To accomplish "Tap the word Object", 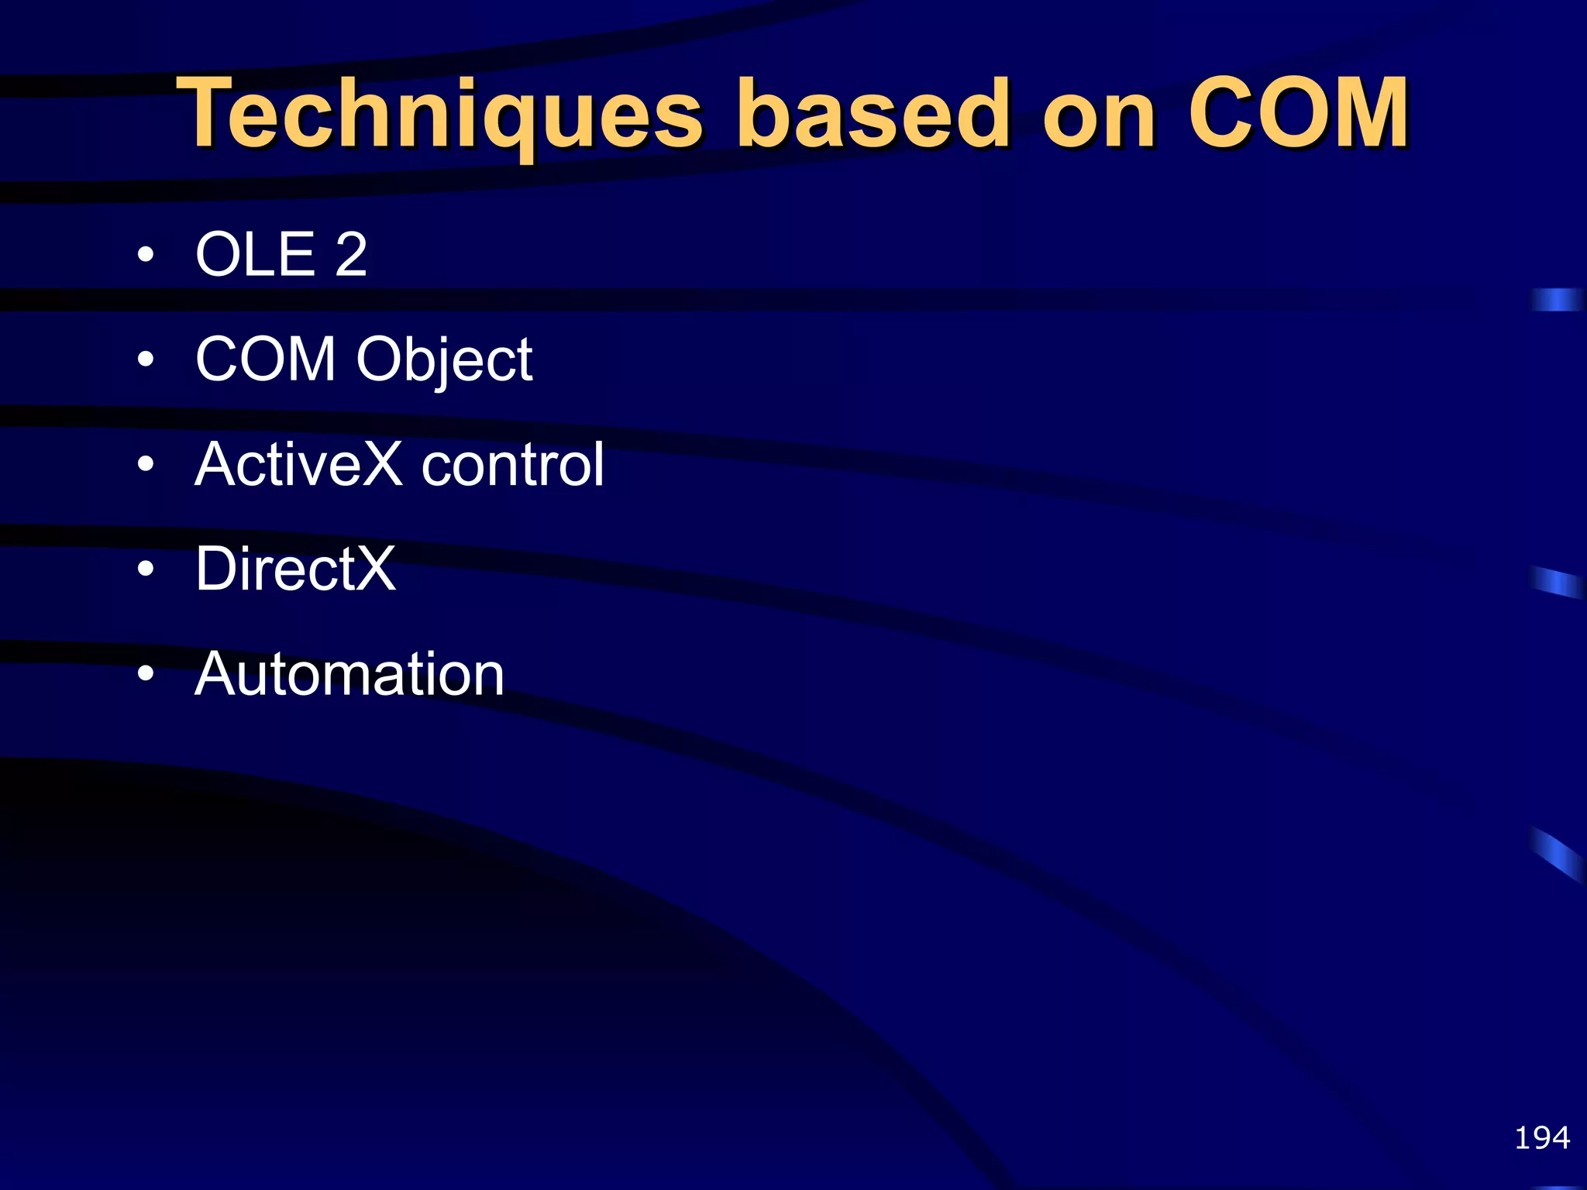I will [444, 361].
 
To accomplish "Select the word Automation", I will [349, 673].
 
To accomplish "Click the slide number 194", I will [1541, 1137].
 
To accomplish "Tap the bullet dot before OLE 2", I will [145, 254].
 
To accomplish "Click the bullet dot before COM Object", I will [145, 359].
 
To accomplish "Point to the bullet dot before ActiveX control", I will [145, 463].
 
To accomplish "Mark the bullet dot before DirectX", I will [145, 569].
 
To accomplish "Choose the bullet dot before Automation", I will [145, 673].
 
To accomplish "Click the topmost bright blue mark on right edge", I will [1556, 299].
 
